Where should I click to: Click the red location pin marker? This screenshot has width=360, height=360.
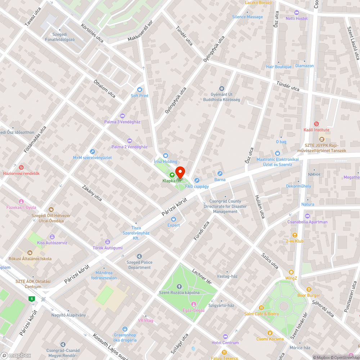click(180, 172)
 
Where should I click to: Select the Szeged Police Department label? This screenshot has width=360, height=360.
click(139, 265)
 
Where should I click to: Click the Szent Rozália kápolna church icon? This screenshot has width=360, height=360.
click(179, 287)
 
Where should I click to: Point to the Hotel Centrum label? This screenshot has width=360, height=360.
click(225, 342)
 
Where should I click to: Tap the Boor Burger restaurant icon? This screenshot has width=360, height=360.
click(309, 289)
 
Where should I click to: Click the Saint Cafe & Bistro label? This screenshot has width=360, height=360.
click(261, 314)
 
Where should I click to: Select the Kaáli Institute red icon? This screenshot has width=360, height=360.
click(316, 123)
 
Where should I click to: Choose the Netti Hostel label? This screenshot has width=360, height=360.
click(297, 18)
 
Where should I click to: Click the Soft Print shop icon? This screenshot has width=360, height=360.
click(140, 90)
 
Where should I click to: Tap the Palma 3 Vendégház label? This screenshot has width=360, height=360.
click(122, 122)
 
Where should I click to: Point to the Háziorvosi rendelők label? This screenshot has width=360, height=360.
click(21, 173)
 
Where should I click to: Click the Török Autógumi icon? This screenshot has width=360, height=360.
click(107, 242)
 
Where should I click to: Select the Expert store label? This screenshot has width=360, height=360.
click(174, 225)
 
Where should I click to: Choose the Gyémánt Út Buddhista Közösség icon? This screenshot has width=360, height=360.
click(222, 88)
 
